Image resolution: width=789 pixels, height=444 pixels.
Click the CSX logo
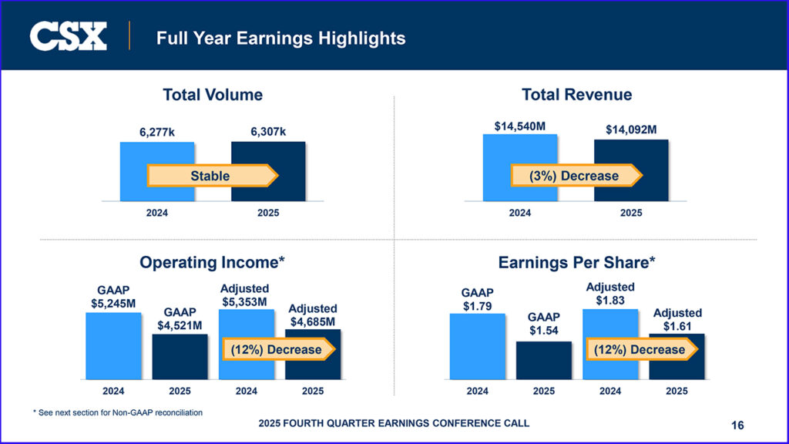69,36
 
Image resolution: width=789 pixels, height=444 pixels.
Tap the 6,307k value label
268,132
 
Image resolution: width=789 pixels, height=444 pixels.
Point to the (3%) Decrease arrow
576,176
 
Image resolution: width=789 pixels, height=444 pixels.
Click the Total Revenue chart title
576,95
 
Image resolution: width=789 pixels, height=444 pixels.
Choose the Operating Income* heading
212,263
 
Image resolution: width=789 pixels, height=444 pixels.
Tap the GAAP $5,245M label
113,297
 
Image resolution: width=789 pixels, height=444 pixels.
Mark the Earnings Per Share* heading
576,263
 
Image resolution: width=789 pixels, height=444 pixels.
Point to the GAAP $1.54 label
544,324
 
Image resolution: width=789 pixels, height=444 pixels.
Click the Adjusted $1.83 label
610,293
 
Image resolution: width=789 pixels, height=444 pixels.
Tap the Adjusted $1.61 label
677,319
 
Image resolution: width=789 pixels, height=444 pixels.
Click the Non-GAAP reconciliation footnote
118,412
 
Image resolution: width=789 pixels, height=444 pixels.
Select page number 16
738,425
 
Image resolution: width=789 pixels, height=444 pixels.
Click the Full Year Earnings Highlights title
280,37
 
